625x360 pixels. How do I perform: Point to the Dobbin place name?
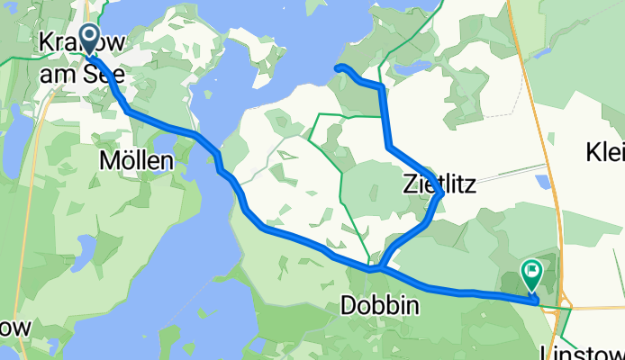coord(379,306)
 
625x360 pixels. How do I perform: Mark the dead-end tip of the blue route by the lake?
coord(337,67)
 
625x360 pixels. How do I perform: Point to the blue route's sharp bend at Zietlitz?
coord(440,193)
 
